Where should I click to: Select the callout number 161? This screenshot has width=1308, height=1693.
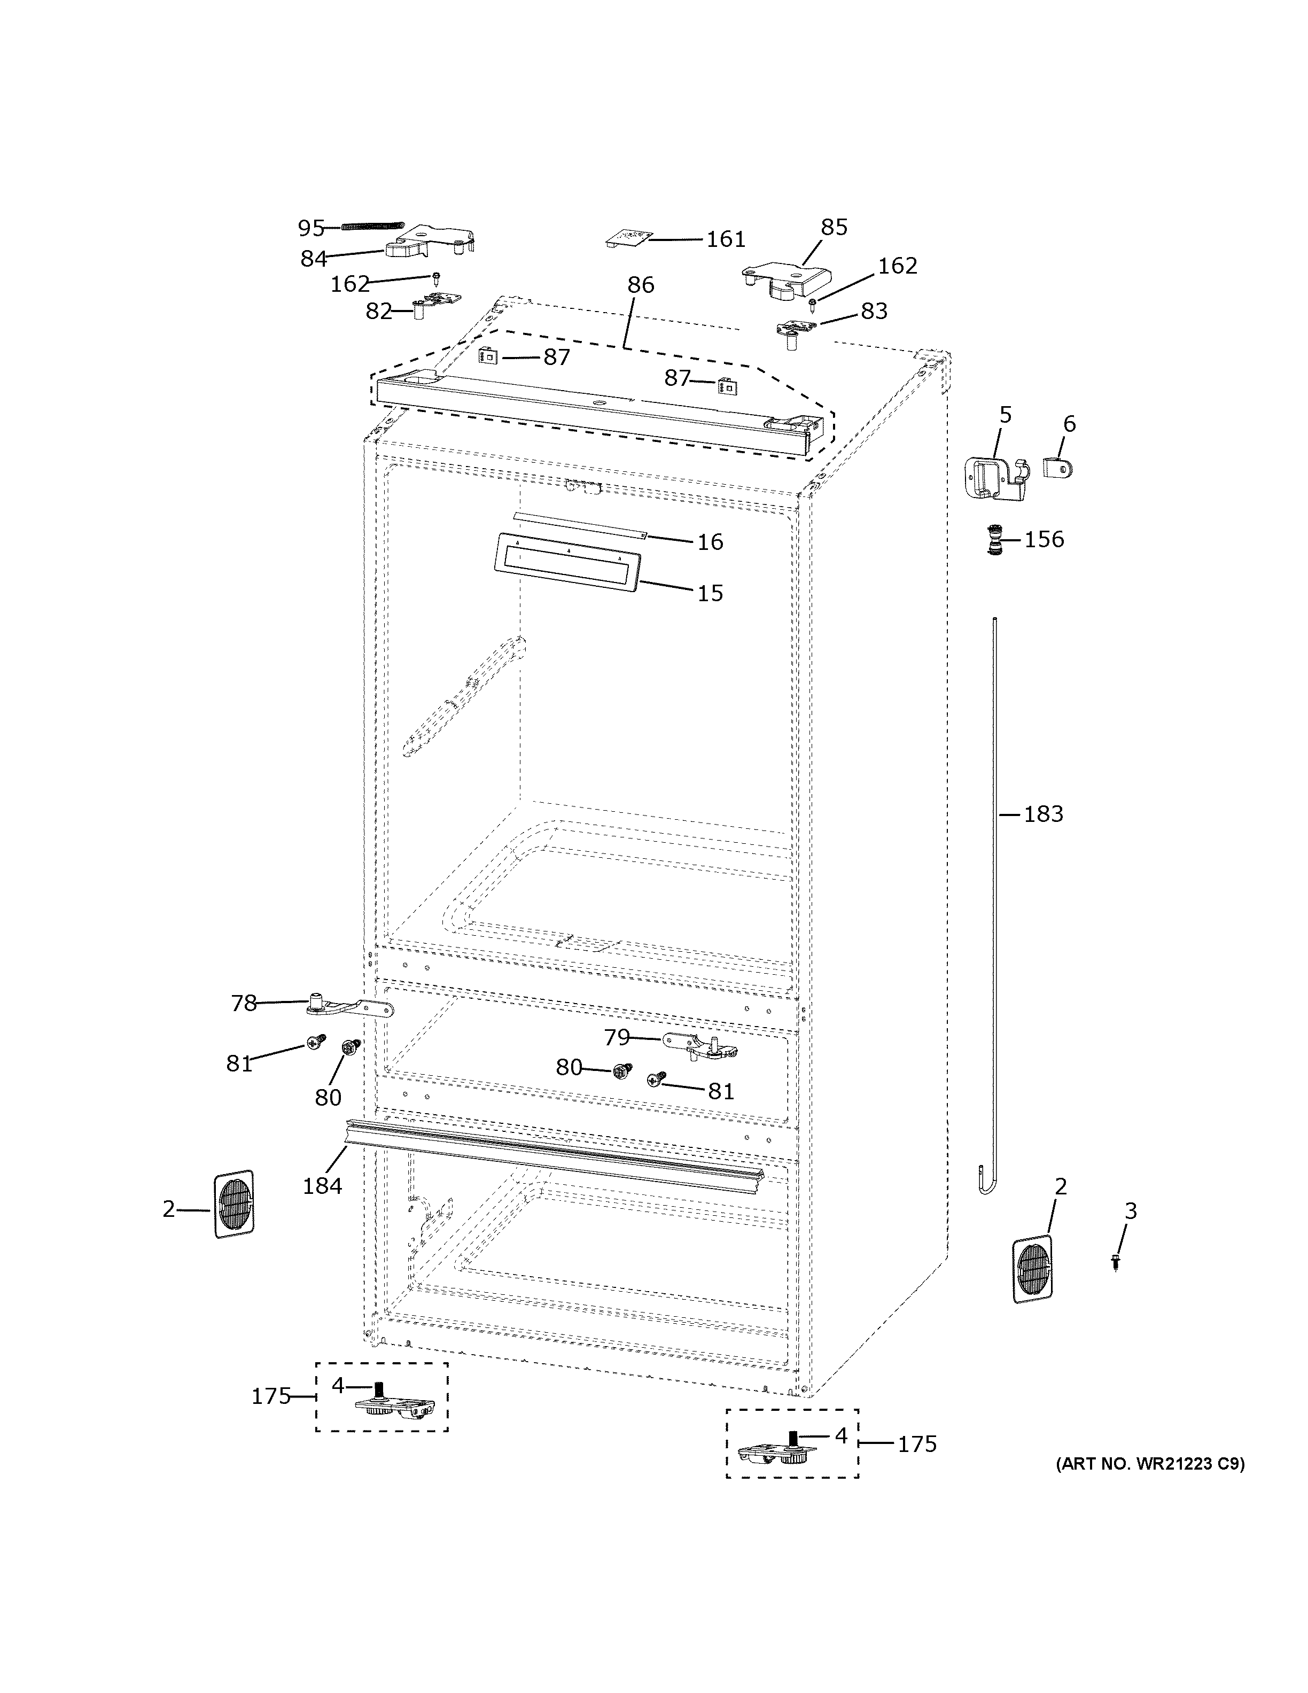(x=725, y=239)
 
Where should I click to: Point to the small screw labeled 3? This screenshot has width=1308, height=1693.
(x=1115, y=1262)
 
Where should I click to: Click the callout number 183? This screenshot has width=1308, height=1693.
(x=1043, y=814)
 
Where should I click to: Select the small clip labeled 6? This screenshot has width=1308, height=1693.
(x=1058, y=467)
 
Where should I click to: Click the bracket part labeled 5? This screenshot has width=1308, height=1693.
(x=996, y=478)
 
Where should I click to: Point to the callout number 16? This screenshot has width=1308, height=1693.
(x=710, y=542)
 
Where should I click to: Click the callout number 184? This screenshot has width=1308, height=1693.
(x=322, y=1185)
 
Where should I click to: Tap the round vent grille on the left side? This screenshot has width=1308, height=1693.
(x=233, y=1204)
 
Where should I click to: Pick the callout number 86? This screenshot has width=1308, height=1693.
(x=640, y=284)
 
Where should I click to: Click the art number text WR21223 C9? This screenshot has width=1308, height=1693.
(x=1150, y=1464)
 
